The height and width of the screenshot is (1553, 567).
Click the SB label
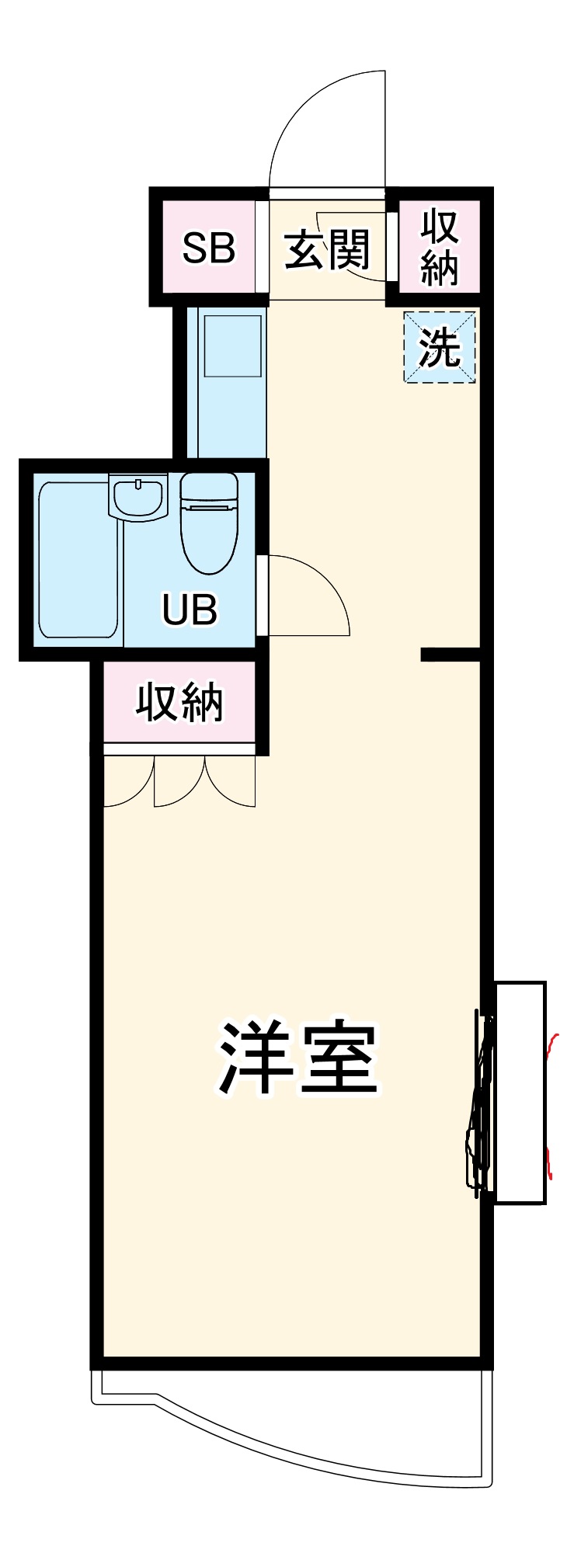pyautogui.click(x=208, y=248)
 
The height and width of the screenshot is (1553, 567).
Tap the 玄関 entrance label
pyautogui.click(x=327, y=250)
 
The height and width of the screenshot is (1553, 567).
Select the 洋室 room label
pyautogui.click(x=298, y=1058)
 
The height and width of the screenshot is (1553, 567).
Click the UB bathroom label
pyautogui.click(x=190, y=610)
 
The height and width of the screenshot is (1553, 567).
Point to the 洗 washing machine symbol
pyautogui.click(x=439, y=347)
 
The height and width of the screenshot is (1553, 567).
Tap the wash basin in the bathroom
pyautogui.click(x=137, y=497)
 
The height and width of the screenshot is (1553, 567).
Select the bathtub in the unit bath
pyautogui.click(x=78, y=559)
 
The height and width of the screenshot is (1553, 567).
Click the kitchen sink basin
pyautogui.click(x=232, y=346)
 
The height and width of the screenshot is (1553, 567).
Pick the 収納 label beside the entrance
pyautogui.click(x=440, y=247)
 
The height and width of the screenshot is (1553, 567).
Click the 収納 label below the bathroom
pyautogui.click(x=179, y=703)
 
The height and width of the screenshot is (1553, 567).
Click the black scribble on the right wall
pyautogui.click(x=480, y=1103)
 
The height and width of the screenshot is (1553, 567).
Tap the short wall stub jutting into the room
pyautogui.click(x=450, y=655)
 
